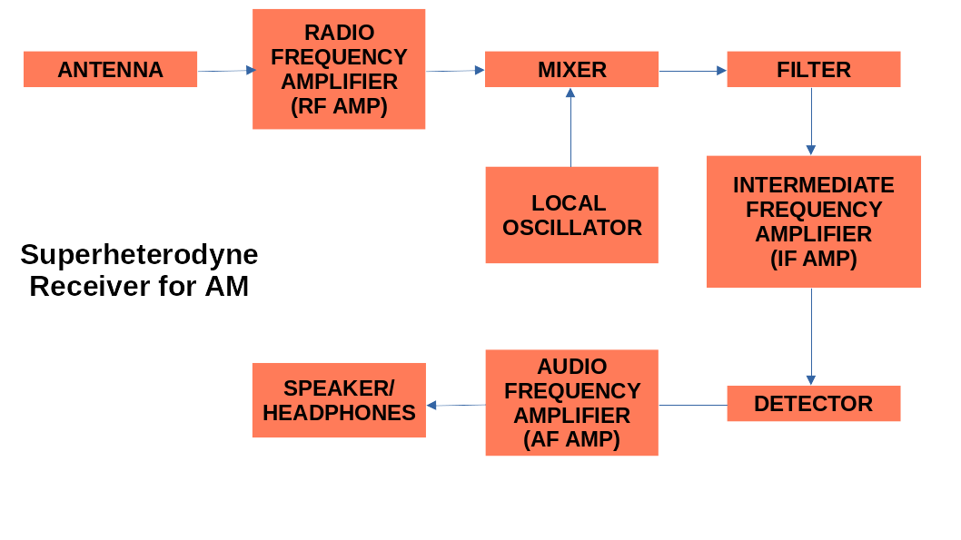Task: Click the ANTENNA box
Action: (110, 69)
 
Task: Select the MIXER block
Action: (571, 69)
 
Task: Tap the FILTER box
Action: (813, 69)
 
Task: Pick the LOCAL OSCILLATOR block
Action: (571, 215)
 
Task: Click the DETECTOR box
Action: (813, 404)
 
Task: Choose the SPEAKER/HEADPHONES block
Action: (339, 400)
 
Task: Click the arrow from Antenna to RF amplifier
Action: (225, 70)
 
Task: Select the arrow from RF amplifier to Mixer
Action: (454, 70)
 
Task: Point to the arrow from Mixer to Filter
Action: (692, 70)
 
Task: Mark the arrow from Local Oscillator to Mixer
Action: (570, 127)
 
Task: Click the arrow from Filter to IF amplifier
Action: (811, 121)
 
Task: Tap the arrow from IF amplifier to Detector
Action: (811, 336)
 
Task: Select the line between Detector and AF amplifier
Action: (692, 405)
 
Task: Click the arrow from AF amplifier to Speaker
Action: (456, 405)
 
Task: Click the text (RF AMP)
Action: (339, 106)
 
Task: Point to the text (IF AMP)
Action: (813, 259)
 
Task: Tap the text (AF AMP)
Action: (571, 439)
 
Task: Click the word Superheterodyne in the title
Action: (139, 254)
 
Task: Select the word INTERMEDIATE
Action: (813, 185)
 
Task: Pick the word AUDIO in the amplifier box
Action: (571, 367)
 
